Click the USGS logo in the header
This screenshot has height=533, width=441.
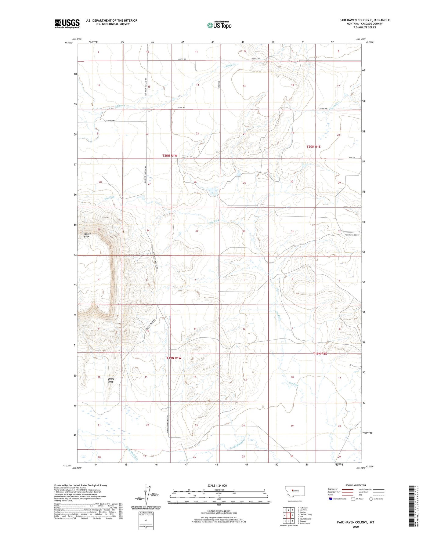coord(67,24)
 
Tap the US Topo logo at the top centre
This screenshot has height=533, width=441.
coord(219,25)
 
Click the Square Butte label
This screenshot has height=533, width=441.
coord(87,235)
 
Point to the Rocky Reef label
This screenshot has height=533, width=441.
coord(111,380)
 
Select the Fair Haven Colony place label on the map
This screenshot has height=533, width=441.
coord(352,235)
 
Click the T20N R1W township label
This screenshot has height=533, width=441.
coord(170,156)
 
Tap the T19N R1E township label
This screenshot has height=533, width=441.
coord(320,354)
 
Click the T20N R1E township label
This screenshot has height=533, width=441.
coord(313,147)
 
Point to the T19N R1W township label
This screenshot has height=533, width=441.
coord(174,358)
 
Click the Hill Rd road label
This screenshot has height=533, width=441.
coord(352,158)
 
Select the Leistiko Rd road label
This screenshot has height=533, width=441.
coord(110,121)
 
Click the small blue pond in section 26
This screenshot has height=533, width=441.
coord(211,192)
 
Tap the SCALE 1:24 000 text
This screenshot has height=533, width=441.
coord(217,485)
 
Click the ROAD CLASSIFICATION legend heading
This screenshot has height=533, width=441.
coord(355,485)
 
